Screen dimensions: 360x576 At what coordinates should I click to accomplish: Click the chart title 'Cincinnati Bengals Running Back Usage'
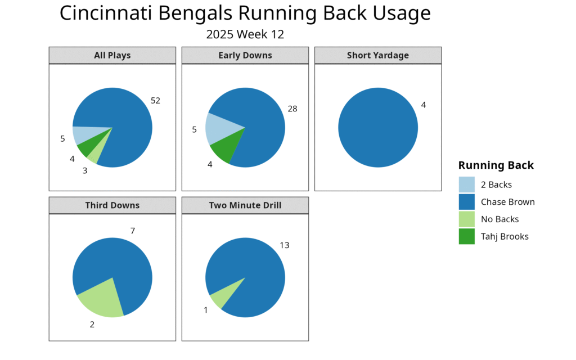point(245,13)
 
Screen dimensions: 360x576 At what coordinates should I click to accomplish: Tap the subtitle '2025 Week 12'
point(245,34)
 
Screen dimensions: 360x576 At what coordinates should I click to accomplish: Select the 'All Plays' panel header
point(112,55)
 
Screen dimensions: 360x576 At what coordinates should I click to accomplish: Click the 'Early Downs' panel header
point(245,55)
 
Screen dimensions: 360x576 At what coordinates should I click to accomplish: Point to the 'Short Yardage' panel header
point(378,55)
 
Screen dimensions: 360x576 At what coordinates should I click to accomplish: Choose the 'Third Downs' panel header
point(112,205)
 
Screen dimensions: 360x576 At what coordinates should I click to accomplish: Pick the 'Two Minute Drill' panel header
point(245,205)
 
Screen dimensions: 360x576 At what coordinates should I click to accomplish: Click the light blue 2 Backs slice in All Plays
point(87,134)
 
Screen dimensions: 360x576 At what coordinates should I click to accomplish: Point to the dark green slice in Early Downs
point(225,149)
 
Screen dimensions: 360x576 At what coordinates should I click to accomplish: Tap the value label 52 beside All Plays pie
point(156,101)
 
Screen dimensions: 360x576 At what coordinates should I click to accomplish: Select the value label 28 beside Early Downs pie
point(292,109)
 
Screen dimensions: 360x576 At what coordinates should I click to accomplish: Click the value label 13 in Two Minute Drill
point(285,245)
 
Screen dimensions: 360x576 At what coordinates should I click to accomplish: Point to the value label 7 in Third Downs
point(133,231)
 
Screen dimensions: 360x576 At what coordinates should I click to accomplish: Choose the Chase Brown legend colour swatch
point(467,202)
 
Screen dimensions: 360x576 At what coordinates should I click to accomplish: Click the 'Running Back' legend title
point(496,165)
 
